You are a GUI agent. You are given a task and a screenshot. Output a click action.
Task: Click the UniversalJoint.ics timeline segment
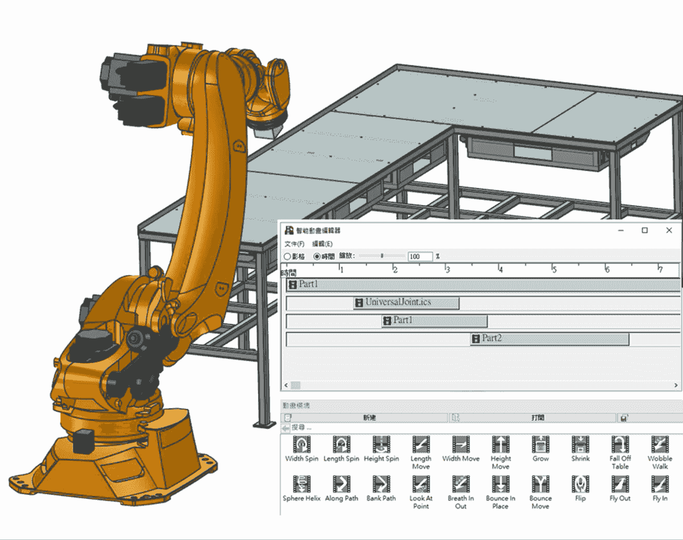(x=406, y=303)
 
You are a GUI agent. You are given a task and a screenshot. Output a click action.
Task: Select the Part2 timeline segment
(x=549, y=339)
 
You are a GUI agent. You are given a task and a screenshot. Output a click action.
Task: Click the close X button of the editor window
(x=669, y=230)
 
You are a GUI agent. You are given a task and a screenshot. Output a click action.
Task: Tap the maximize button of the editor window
(x=644, y=230)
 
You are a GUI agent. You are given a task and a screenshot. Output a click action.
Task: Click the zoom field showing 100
(x=419, y=257)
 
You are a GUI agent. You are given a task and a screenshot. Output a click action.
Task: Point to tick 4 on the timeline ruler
(x=499, y=268)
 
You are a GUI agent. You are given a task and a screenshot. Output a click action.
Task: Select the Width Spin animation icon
(x=302, y=444)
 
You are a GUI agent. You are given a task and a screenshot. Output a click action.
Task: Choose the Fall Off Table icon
(x=620, y=444)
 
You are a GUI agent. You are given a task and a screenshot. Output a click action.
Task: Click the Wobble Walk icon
(x=660, y=444)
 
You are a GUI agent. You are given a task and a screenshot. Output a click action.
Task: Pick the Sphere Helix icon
(x=302, y=484)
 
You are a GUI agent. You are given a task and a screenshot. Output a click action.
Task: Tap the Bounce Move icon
(x=540, y=484)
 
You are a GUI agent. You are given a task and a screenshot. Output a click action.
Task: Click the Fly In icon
(x=660, y=484)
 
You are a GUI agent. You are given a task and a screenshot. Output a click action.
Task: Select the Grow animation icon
(x=540, y=444)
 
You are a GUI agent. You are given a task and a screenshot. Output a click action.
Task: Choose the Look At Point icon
(x=421, y=484)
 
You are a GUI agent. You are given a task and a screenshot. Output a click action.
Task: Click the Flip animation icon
(x=580, y=484)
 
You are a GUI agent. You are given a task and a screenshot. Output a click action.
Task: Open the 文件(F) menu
(x=294, y=244)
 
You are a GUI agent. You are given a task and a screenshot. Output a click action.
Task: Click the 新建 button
(x=369, y=418)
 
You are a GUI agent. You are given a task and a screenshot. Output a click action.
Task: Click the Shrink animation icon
(x=580, y=444)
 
